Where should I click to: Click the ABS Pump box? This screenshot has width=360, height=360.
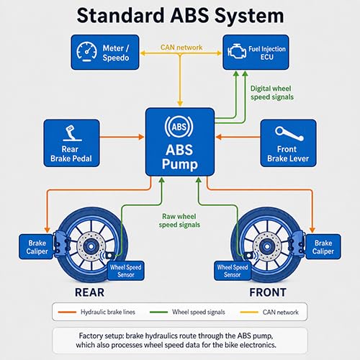pos(180,142)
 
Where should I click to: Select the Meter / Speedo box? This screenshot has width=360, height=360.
pos(105,53)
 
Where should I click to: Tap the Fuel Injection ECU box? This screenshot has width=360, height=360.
pos(256,53)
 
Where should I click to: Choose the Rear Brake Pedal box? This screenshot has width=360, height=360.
pos(71,143)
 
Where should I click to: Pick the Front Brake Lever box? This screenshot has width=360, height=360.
pos(288,143)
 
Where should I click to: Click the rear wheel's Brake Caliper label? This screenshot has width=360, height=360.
pos(36,247)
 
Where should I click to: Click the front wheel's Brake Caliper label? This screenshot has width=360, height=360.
pos(323,247)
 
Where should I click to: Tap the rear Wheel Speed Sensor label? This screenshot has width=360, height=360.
pos(126,271)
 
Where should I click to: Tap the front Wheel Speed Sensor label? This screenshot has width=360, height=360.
pos(233,271)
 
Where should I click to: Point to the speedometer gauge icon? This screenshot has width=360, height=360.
pos(86,52)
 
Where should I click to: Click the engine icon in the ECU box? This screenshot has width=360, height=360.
pos(237,51)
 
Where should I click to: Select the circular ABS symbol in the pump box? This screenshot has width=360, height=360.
pos(179,127)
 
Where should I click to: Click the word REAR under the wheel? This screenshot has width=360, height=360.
pos(89,292)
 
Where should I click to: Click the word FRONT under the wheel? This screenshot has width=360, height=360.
pos(268,292)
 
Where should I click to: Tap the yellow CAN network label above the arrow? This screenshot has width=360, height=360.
pos(181,48)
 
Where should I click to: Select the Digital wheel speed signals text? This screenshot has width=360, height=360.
pos(272,93)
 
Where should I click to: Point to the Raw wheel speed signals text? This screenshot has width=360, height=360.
pos(179,220)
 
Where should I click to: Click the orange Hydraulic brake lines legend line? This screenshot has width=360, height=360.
pos(67,312)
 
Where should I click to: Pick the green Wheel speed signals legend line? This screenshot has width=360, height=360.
pos(158,312)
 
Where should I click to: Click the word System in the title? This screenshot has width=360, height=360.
pos(249,16)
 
